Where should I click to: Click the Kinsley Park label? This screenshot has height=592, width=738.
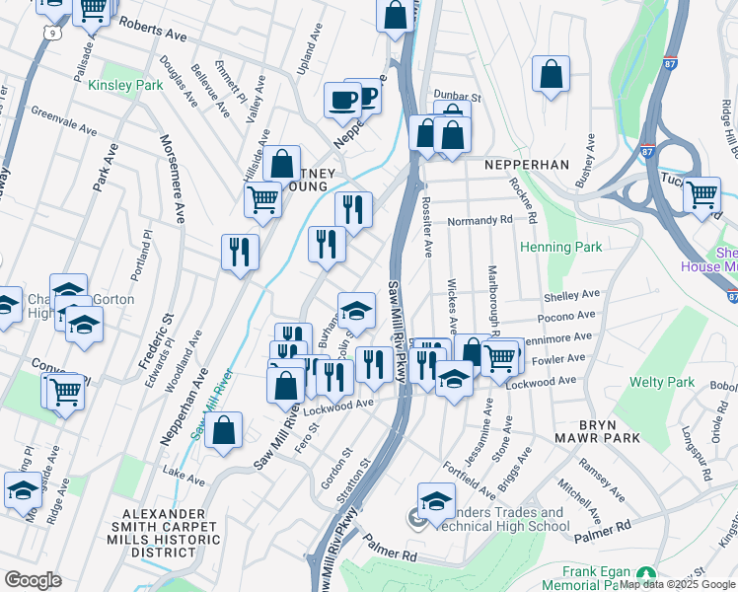125,86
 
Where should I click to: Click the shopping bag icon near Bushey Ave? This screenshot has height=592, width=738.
551,74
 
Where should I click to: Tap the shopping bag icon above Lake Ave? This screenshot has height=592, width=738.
224,430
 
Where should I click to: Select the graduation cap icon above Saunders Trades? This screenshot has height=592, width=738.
436,500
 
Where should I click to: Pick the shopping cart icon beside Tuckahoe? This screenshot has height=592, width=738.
701,194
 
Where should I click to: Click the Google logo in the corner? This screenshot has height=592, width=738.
34,580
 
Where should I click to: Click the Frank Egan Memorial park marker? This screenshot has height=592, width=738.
646,573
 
